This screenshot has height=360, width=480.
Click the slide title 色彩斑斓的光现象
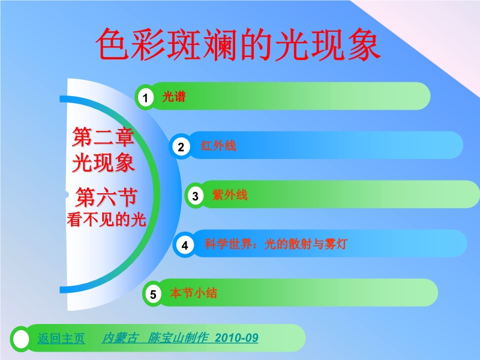[238, 44]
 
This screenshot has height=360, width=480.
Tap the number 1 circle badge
[145, 98]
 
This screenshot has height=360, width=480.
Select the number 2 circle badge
[181, 146]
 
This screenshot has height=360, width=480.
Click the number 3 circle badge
[196, 196]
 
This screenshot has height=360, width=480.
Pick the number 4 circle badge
[185, 245]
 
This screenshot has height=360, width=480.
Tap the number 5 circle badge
[153, 294]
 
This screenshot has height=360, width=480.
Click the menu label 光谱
[174, 97]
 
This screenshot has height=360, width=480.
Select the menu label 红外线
[218, 146]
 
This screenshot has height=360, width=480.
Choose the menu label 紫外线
[230, 194]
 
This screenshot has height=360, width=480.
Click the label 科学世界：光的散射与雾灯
[276, 244]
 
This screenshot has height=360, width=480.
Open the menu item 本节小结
[193, 293]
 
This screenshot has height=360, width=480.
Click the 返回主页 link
[61, 338]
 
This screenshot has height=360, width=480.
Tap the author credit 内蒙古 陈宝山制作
[155, 338]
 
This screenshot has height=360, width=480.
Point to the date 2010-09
[236, 338]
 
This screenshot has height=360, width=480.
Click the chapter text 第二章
[103, 137]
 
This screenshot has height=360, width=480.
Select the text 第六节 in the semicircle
[106, 197]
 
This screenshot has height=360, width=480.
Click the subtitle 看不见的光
[106, 220]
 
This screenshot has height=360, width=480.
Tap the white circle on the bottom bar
[21, 339]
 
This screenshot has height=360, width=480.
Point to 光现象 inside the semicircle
[103, 163]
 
